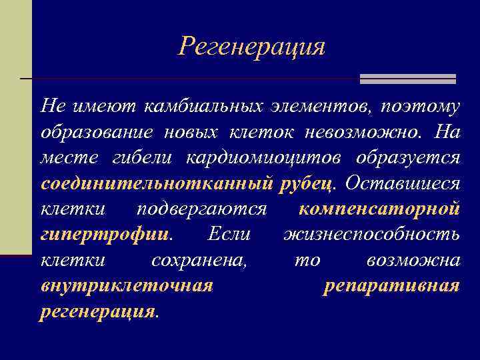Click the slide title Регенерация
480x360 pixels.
(252, 47)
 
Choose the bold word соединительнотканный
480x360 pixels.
(157, 183)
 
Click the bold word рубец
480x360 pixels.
(310, 183)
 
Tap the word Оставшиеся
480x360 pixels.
(403, 183)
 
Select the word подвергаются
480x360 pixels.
(201, 209)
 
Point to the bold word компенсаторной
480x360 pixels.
(379, 209)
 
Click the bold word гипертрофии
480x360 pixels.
(105, 235)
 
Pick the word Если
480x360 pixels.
(229, 235)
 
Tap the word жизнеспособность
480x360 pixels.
(371, 235)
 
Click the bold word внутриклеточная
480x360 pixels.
(127, 286)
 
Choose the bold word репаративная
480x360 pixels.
(391, 286)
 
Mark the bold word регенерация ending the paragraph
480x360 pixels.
(98, 312)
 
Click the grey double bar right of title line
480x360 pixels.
(407, 79)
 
